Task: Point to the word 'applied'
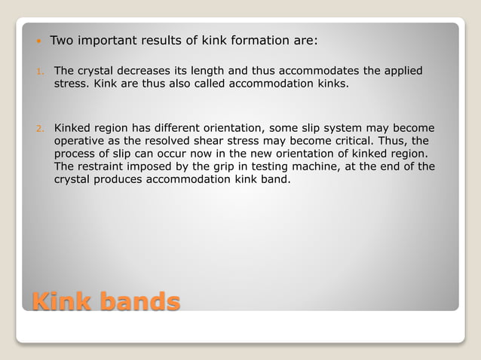tap(403, 71)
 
